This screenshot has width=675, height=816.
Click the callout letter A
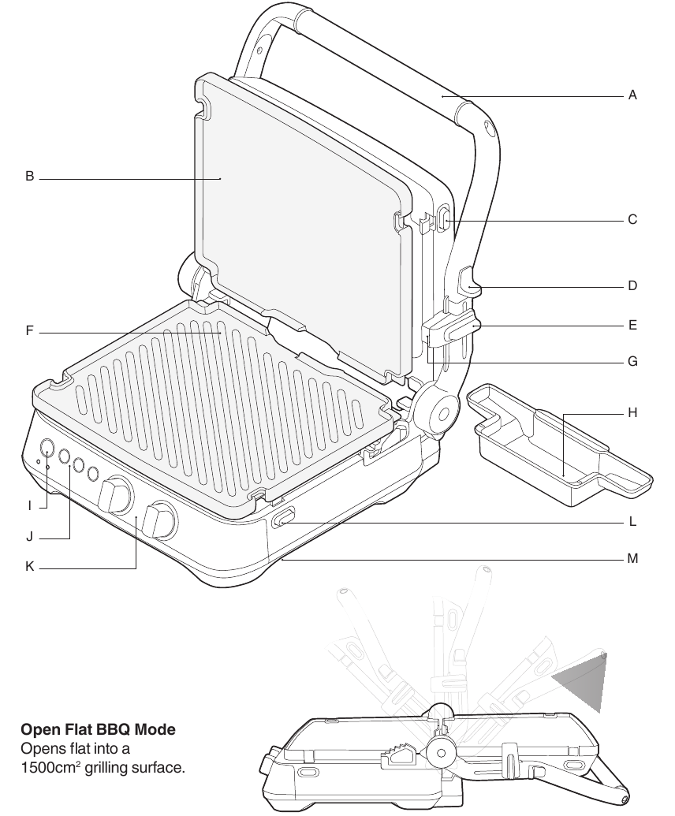point(632,95)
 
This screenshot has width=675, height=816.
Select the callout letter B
point(29,177)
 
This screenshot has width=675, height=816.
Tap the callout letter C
point(632,220)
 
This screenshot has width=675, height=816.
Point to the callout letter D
point(632,286)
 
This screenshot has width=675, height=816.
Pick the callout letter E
point(632,325)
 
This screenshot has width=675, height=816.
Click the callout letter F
point(29,332)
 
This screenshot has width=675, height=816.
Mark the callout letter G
point(632,363)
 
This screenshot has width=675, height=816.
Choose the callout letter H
point(632,413)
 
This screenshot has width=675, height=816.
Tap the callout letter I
point(29,505)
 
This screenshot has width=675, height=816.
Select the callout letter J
point(29,537)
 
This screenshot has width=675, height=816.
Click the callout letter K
point(29,566)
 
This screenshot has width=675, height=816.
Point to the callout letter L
point(632,522)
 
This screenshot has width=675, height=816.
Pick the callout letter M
point(632,559)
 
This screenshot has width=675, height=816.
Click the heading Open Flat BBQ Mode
point(98,730)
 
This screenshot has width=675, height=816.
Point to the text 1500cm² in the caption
point(48,766)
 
